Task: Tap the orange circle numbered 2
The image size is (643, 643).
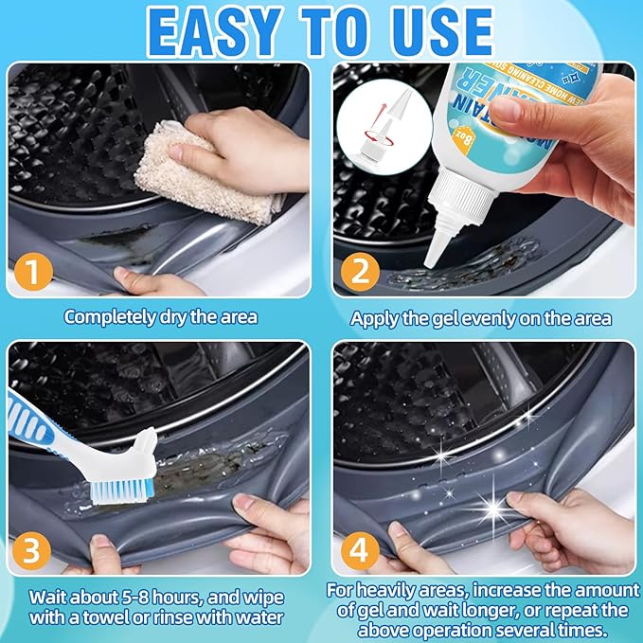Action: (361, 272)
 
